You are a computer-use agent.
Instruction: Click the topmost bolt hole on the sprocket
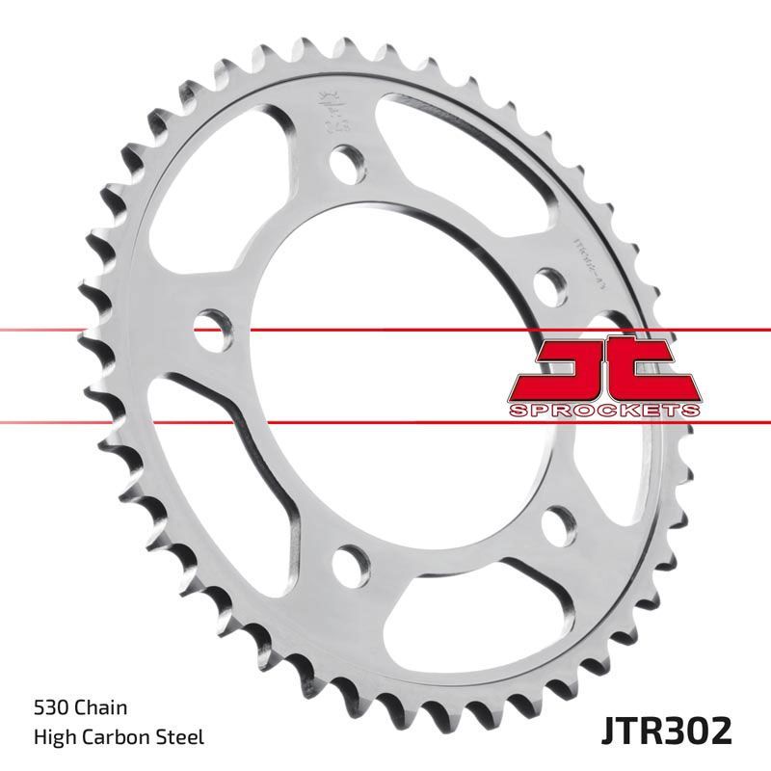(x=345, y=162)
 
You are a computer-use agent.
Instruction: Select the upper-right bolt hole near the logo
(x=550, y=284)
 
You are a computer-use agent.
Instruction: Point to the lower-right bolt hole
(x=557, y=523)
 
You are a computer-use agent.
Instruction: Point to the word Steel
(x=179, y=738)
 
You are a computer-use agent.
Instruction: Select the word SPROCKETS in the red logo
(x=602, y=411)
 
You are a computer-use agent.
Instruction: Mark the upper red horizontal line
(x=96, y=330)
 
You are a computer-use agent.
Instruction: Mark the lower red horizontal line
(x=96, y=421)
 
